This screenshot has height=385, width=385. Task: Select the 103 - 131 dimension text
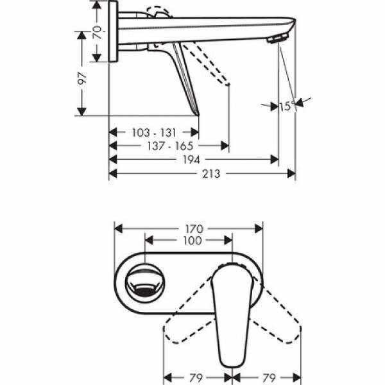point(153,132)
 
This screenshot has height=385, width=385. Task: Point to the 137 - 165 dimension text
point(169,146)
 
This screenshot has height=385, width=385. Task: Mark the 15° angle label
point(286,107)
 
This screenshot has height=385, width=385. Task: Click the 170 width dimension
point(194,228)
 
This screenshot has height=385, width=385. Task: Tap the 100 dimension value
point(192,241)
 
